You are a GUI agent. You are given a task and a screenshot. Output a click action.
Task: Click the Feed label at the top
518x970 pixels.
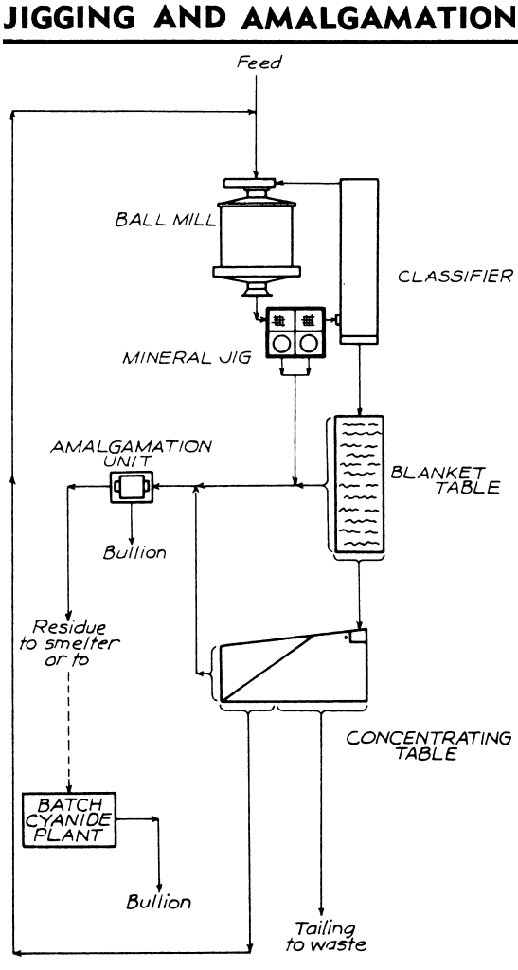coord(259,63)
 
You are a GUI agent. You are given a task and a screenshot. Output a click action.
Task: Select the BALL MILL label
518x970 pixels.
coord(166,221)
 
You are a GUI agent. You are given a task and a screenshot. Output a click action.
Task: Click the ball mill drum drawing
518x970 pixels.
coord(257,238)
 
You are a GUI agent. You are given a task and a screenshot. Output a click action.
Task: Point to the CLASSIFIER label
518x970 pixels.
coord(455,276)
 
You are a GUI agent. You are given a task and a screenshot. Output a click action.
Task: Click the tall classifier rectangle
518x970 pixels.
coord(359,261)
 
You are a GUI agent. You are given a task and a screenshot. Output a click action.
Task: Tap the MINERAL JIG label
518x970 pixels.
coord(187,357)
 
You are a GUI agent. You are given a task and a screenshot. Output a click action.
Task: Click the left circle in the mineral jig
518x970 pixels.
coord(282,344)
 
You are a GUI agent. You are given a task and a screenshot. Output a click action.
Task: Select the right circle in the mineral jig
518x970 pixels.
coord(308,344)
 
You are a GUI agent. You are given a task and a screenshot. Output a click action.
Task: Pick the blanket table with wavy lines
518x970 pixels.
coord(355,483)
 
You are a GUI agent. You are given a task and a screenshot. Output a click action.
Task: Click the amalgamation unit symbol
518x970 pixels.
coord(131,487)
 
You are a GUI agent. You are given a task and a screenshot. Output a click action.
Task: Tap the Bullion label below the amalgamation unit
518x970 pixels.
coord(134,552)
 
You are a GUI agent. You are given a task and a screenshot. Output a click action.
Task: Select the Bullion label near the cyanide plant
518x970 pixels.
coord(159,902)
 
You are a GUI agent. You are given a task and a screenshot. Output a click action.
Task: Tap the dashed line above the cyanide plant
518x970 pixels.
coord(68,730)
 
